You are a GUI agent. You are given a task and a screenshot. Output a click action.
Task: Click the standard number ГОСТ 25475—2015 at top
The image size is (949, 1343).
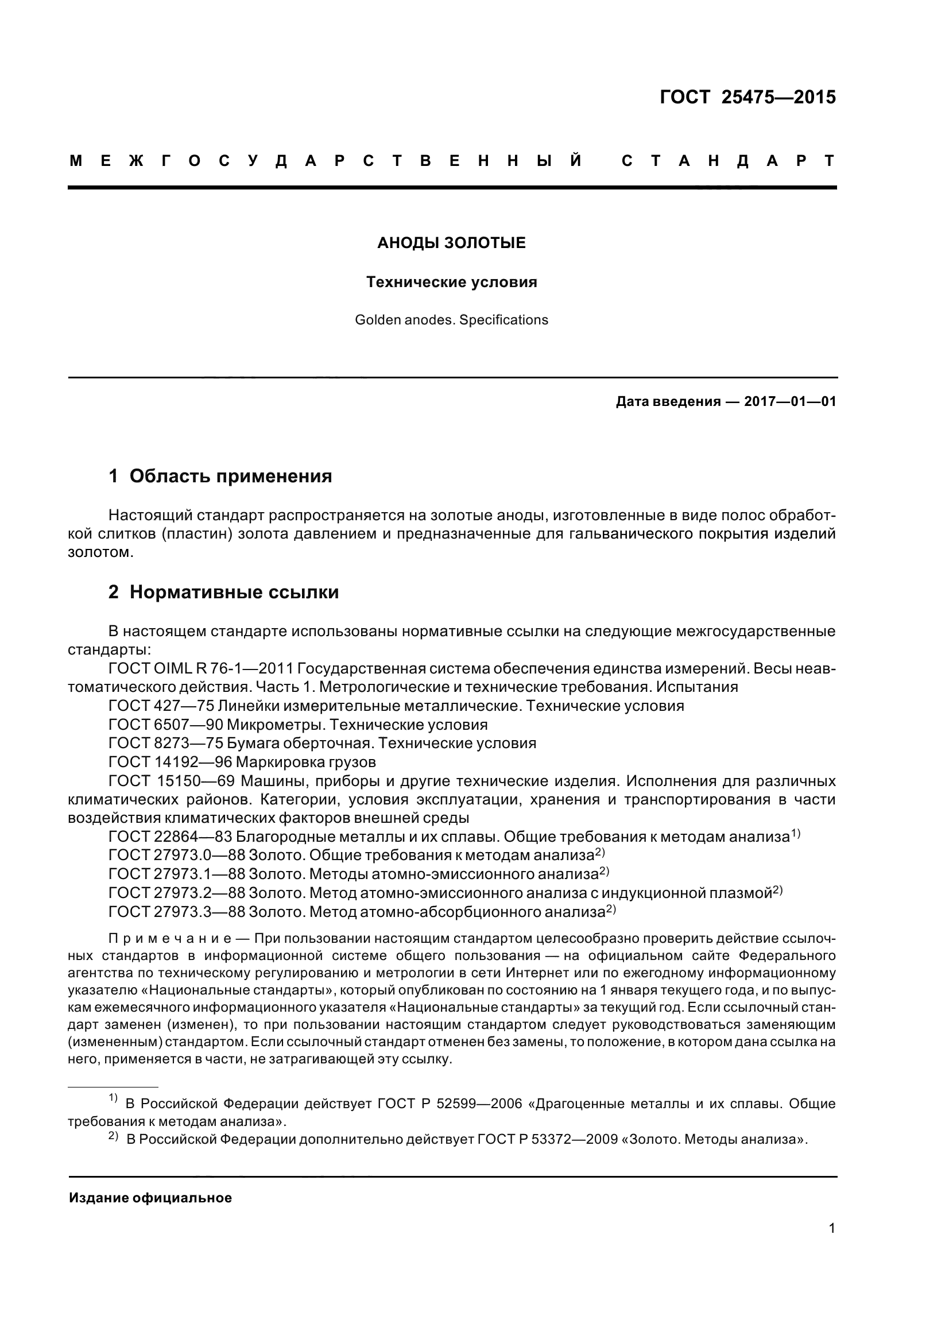click(747, 97)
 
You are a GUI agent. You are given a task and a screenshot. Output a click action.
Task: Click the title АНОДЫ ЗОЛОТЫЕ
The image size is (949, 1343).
click(451, 243)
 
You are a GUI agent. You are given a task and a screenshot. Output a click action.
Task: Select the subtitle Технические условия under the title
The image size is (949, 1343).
click(451, 282)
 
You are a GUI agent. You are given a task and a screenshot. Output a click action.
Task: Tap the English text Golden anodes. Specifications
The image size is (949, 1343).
click(451, 320)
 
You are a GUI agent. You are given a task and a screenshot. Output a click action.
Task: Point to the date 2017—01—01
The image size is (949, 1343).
click(790, 402)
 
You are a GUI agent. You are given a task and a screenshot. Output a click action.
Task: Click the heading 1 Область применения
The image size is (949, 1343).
click(220, 476)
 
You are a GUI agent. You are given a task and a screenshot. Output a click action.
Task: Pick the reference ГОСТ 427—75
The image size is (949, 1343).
click(161, 706)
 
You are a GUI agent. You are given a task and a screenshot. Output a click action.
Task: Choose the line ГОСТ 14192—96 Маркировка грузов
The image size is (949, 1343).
click(242, 762)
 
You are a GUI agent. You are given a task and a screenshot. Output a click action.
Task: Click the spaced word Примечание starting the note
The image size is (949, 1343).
click(169, 939)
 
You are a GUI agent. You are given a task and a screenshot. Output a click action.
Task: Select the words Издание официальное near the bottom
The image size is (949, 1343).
click(150, 1198)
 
